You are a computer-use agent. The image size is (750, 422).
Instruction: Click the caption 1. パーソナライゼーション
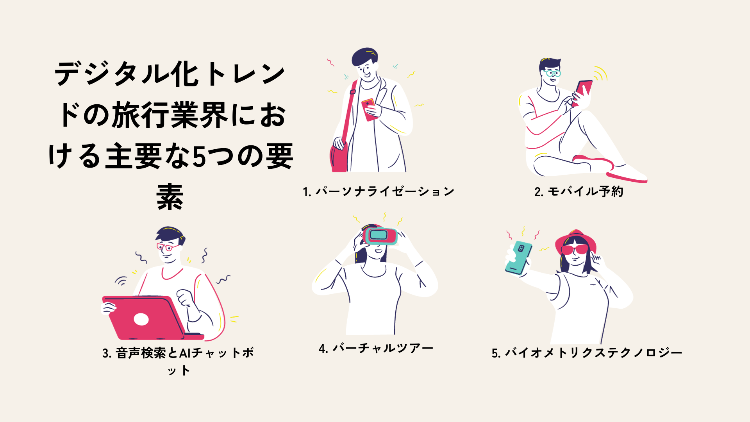378,191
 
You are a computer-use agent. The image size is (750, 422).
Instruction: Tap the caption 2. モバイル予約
579,191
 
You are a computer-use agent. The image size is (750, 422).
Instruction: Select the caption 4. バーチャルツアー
376,348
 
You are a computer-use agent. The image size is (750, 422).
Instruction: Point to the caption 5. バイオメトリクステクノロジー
587,353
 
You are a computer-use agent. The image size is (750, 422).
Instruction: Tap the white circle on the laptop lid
141,319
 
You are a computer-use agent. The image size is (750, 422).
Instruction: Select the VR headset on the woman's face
379,235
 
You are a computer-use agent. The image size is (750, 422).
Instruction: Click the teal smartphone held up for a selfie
518,257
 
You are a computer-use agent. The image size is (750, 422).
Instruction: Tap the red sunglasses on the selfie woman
574,249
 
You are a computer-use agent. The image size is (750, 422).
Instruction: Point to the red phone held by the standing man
369,109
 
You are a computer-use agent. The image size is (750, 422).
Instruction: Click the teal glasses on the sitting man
552,73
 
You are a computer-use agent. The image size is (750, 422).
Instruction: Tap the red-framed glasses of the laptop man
168,247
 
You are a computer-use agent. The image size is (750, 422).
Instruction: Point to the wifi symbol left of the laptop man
121,280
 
